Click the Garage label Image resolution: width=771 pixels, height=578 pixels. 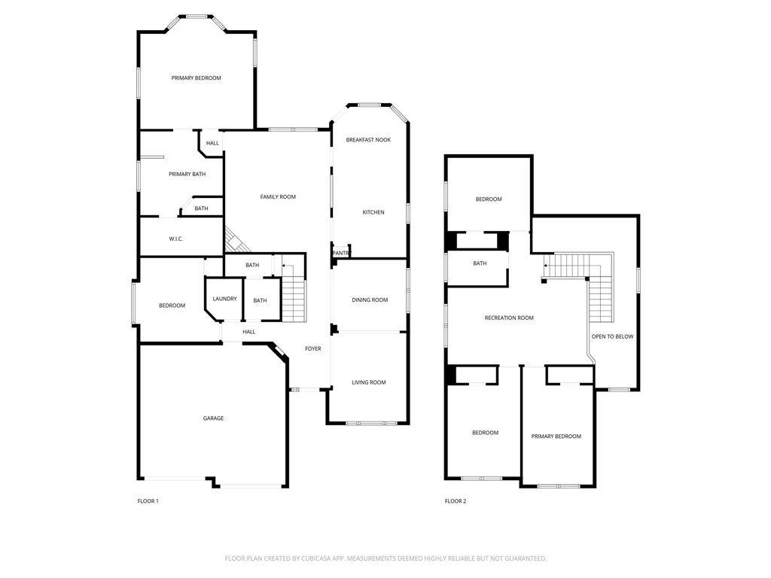click(x=213, y=418)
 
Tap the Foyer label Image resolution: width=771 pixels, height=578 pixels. click(x=313, y=348)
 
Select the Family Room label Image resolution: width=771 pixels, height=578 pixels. click(x=278, y=197)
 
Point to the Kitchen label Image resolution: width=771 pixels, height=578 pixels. click(x=373, y=212)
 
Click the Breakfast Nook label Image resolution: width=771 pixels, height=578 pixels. click(x=368, y=140)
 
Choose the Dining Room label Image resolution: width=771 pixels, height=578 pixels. click(x=370, y=300)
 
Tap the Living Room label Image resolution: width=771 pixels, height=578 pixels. click(x=369, y=382)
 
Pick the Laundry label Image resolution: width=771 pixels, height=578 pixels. click(x=224, y=299)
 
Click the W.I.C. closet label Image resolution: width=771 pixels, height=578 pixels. click(x=176, y=239)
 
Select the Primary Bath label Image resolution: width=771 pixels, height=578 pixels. click(x=187, y=175)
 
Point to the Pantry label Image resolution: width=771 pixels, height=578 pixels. click(x=341, y=253)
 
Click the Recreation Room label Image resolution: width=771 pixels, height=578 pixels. click(x=509, y=318)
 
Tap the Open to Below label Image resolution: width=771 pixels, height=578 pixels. click(x=612, y=336)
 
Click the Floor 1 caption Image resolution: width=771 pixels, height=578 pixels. click(x=148, y=501)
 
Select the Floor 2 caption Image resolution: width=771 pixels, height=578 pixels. click(x=456, y=501)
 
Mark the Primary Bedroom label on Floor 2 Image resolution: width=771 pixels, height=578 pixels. click(x=556, y=437)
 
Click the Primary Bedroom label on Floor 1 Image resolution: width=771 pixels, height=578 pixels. click(x=196, y=78)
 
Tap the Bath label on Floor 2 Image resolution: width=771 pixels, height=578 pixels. click(x=480, y=263)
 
